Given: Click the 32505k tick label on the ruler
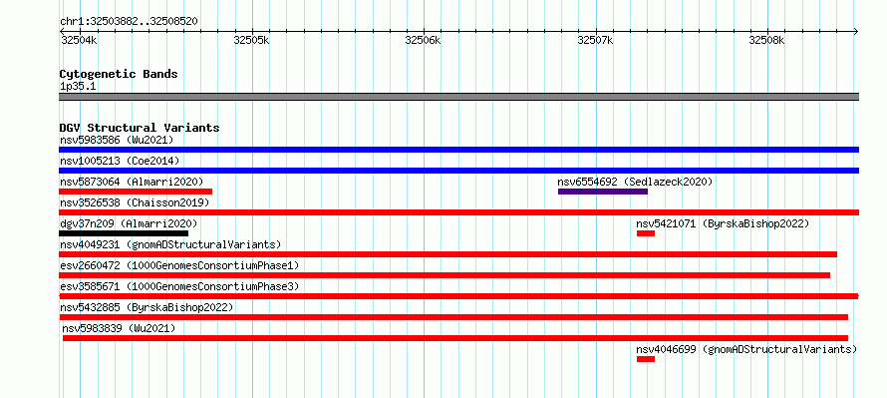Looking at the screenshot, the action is click(251, 41).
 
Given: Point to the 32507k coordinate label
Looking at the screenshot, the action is click(595, 41).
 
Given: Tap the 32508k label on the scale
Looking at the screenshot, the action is click(767, 41).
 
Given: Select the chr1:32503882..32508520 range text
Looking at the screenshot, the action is click(129, 22).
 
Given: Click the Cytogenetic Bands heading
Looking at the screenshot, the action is click(119, 74).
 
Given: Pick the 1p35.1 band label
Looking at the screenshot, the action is click(78, 87).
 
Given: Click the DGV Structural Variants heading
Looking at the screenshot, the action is click(140, 128).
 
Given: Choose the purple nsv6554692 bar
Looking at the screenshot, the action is click(602, 192).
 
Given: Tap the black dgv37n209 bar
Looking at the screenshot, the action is click(124, 233).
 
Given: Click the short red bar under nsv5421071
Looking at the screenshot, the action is click(646, 233).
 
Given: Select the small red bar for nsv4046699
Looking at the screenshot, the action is click(646, 359).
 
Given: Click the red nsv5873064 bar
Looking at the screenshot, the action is click(136, 192).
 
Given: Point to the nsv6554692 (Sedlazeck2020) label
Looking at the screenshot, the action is click(635, 182).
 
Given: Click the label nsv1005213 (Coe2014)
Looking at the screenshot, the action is click(120, 161).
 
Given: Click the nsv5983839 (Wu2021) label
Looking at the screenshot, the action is click(119, 328).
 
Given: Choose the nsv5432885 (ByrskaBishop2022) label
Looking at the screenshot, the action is click(147, 307).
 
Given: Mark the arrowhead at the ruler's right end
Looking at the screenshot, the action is click(856, 32).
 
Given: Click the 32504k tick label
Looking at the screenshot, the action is click(79, 41).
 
